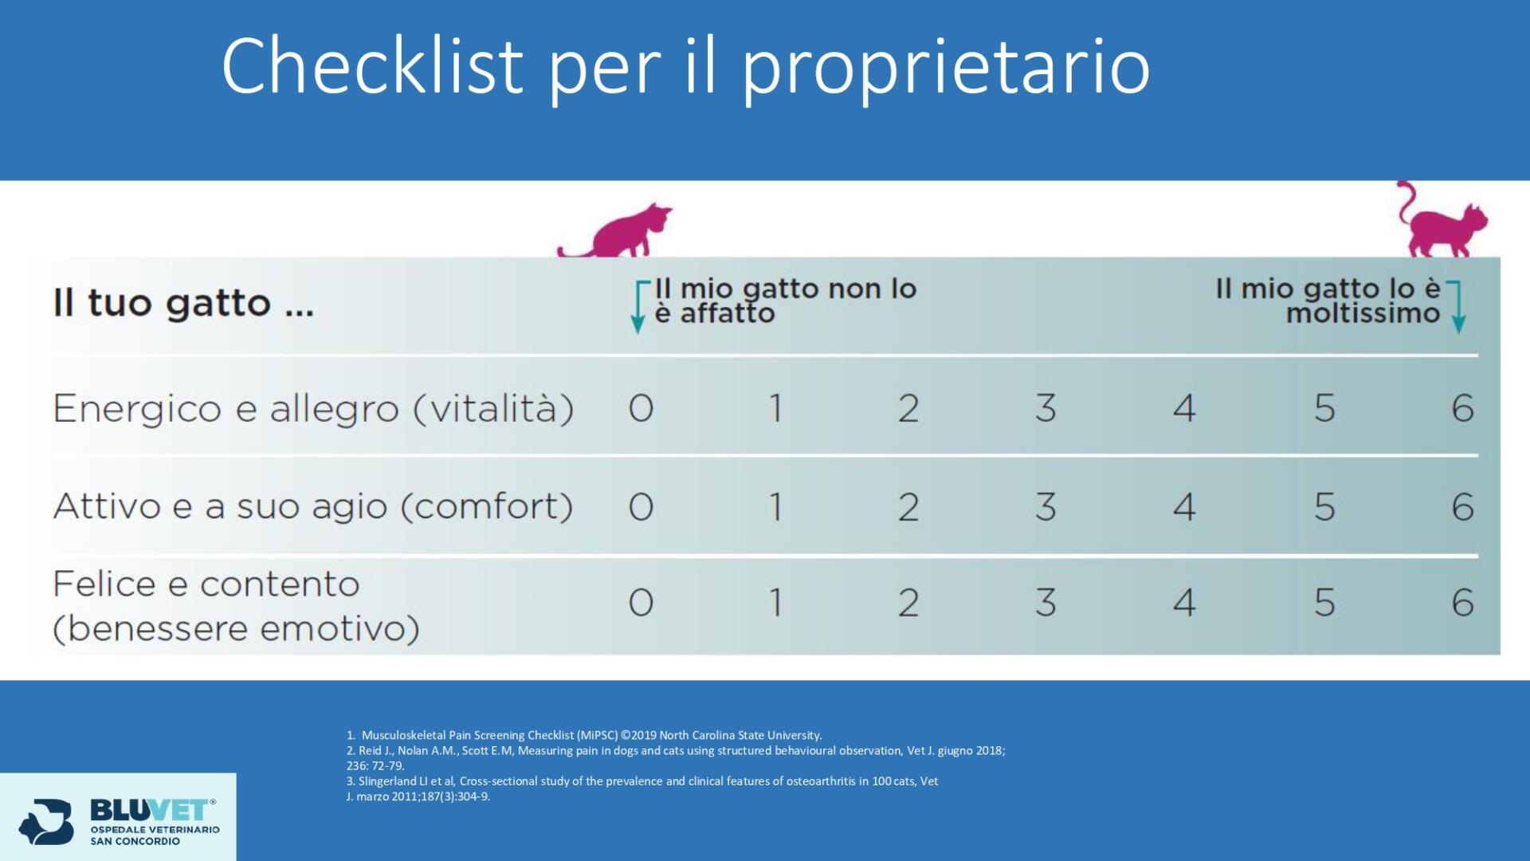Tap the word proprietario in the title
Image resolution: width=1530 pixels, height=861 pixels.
[x=946, y=72]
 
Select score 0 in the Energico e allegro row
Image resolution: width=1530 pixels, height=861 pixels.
[x=641, y=408]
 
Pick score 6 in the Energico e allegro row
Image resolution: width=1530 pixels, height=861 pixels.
[x=1463, y=408]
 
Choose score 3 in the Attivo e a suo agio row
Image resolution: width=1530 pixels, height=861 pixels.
[x=1045, y=507]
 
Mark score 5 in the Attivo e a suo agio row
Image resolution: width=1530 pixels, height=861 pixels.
[x=1324, y=507]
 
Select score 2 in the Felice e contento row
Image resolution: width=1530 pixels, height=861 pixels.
[x=908, y=603]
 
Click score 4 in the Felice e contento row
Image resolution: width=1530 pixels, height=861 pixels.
[x=1184, y=603]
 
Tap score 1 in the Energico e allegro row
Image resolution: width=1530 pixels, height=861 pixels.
[x=775, y=408]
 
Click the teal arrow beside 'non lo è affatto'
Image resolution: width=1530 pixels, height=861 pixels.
[x=638, y=306]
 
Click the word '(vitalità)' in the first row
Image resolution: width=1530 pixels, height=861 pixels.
[x=493, y=409]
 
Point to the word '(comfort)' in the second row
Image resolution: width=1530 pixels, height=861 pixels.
[x=487, y=507]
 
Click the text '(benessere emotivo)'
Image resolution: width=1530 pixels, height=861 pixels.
[x=236, y=628]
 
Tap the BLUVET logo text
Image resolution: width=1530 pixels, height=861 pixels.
[x=151, y=810]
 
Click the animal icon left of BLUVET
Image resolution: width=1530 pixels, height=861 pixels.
[x=46, y=821]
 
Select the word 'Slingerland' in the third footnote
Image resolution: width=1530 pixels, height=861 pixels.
[x=387, y=781]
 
